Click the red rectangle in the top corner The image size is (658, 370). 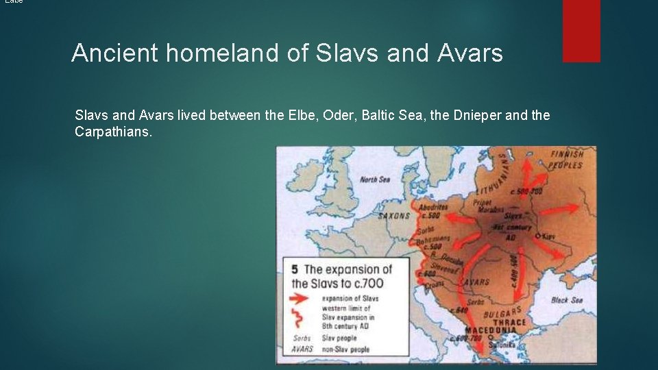pos(581,30)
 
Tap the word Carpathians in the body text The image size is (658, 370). pos(113,131)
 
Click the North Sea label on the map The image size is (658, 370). pos(374,180)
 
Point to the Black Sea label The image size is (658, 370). pos(566,300)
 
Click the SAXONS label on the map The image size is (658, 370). pos(393,216)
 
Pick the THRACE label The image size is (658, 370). pos(509,321)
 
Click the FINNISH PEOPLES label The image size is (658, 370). pos(566,159)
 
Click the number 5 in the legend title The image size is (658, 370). pos(295,269)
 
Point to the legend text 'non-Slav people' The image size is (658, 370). pos(345,349)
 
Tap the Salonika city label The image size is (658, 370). pos(508,345)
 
